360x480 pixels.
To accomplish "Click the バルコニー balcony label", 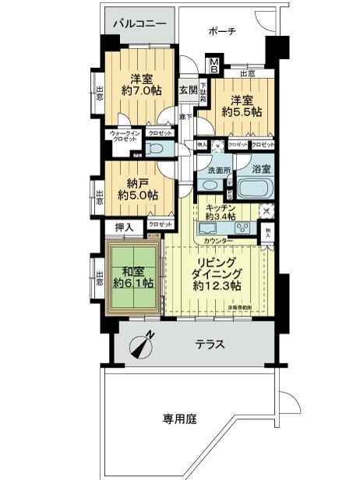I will (x=140, y=24).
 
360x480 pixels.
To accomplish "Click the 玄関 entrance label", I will (x=188, y=89).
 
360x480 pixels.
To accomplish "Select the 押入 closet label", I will (x=124, y=228).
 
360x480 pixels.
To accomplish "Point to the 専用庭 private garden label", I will (x=179, y=418).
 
